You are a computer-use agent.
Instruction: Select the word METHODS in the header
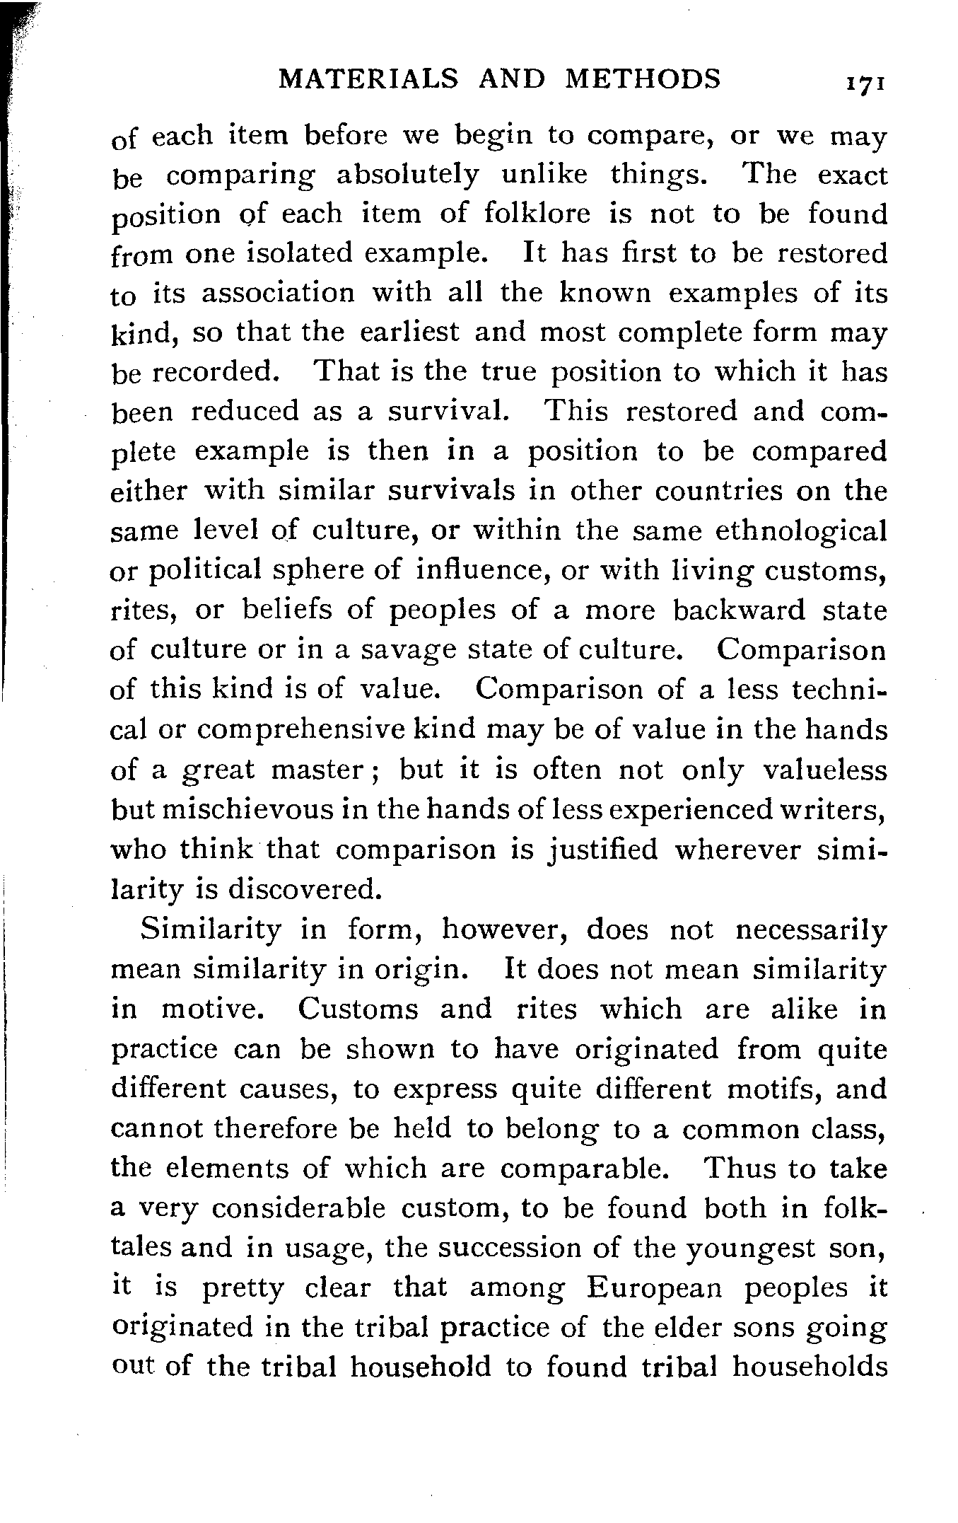(643, 79)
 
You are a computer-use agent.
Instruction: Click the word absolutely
(407, 174)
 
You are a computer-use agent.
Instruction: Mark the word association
(278, 293)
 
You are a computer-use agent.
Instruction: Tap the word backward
(738, 610)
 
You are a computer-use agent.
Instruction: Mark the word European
(654, 1287)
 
